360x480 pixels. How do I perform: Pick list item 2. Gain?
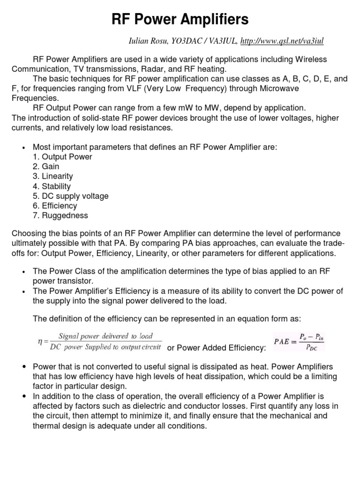[x=46, y=166]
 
